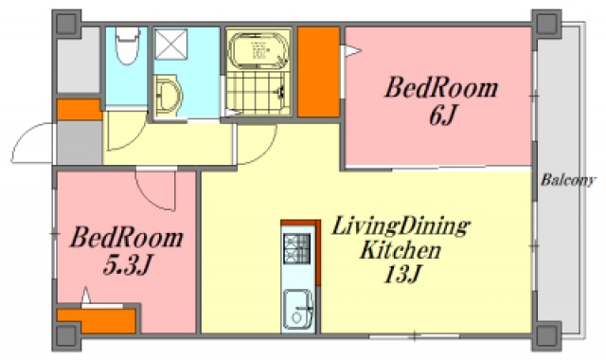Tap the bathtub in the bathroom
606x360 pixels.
click(x=258, y=49)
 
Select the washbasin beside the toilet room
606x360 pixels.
click(x=168, y=96)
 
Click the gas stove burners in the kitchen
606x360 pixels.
click(x=296, y=248)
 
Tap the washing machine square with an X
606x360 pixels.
click(x=171, y=45)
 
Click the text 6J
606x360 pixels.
click(x=443, y=115)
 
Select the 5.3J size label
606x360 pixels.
click(x=126, y=265)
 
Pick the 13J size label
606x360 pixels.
click(x=401, y=275)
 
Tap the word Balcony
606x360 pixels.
click(x=568, y=181)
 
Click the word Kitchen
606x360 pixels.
click(x=401, y=250)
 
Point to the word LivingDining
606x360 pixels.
click(x=401, y=227)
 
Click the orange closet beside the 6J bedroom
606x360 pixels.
click(x=318, y=72)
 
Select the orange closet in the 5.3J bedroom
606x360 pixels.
click(x=97, y=320)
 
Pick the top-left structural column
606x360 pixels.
click(x=66, y=24)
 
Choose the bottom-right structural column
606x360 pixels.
click(x=546, y=335)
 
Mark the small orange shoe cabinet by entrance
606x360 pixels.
click(x=80, y=110)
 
